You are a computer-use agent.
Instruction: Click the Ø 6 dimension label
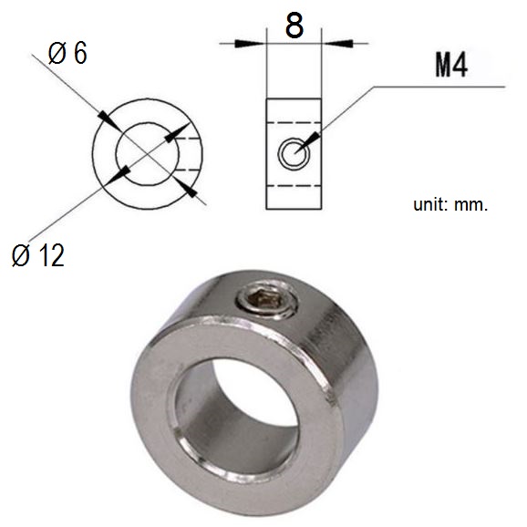click(x=67, y=55)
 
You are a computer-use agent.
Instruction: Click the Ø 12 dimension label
click(x=38, y=257)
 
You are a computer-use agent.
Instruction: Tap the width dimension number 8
click(x=294, y=26)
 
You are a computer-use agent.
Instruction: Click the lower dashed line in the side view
click(x=294, y=183)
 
